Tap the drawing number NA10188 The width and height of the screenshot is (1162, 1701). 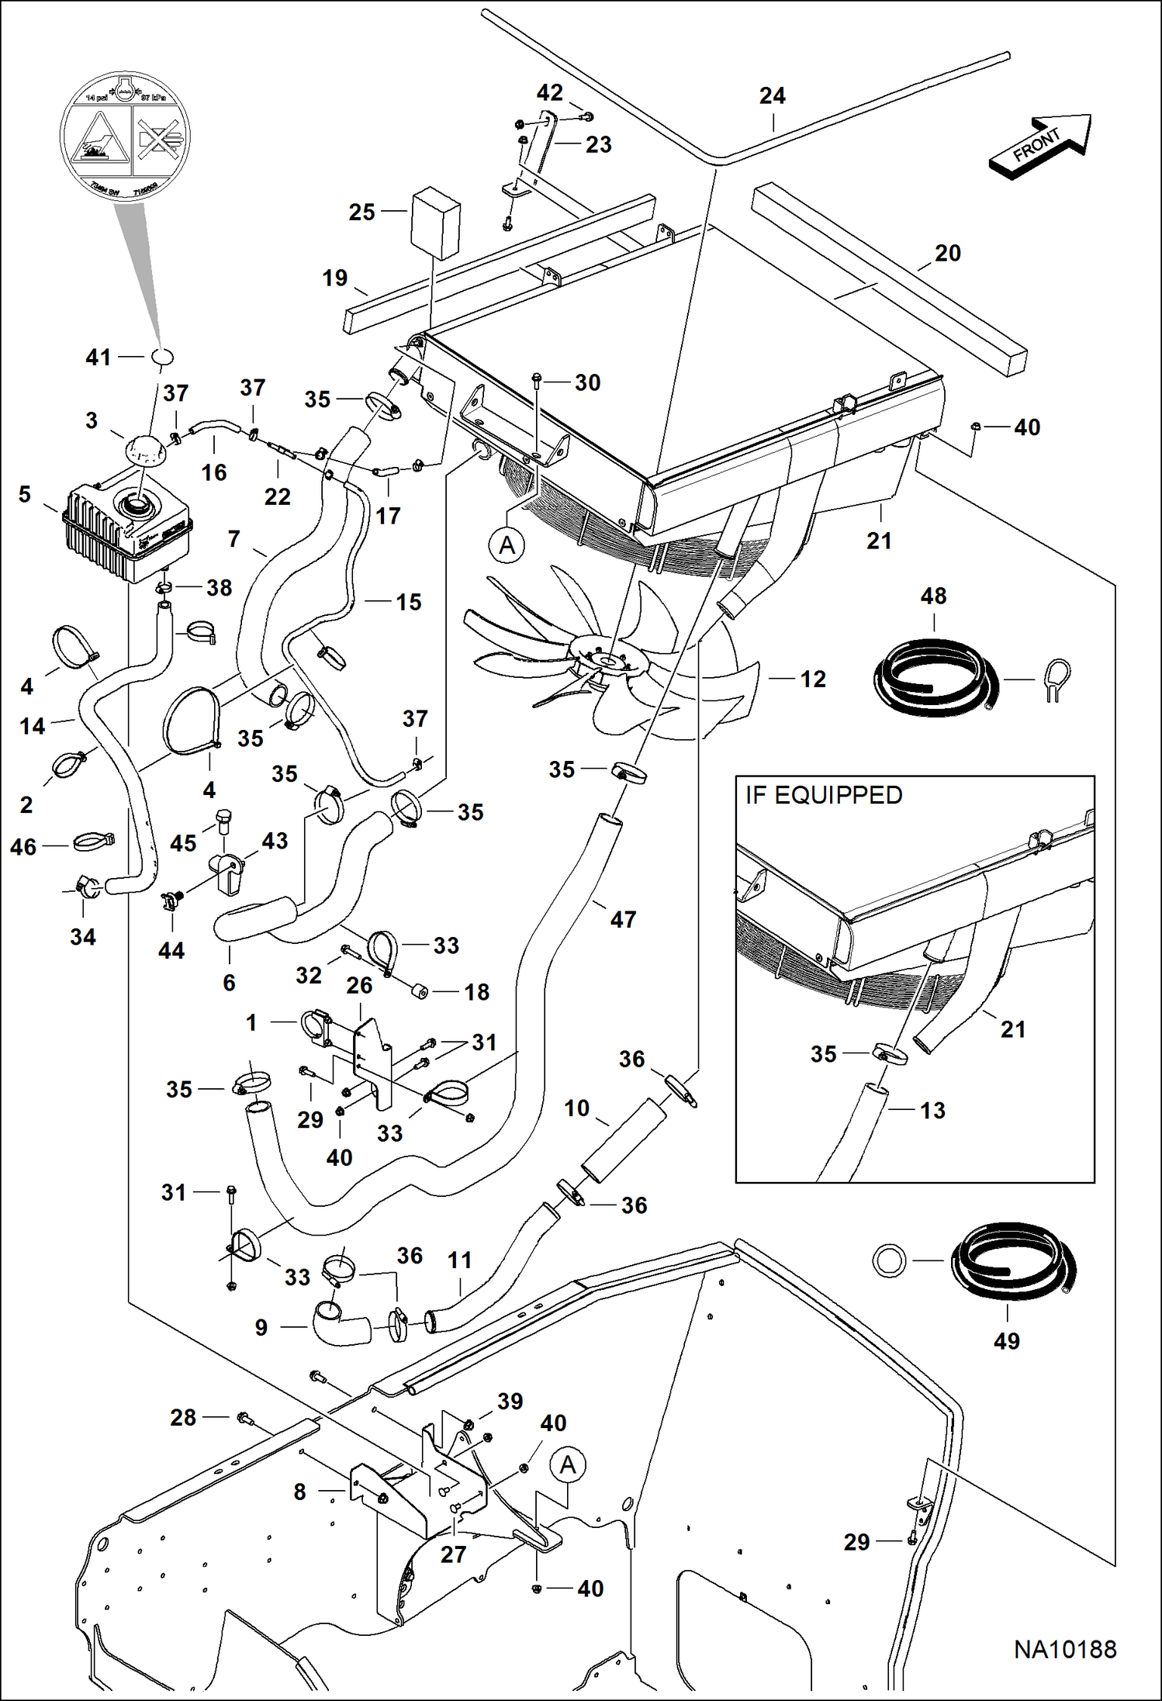pos(1064,1650)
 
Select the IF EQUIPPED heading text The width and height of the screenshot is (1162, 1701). pos(823,796)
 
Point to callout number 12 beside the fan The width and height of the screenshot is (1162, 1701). pos(812,679)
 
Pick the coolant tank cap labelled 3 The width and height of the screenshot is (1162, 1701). pos(144,449)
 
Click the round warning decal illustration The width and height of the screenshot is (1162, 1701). pos(124,137)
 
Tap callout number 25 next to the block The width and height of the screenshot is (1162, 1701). pos(361,212)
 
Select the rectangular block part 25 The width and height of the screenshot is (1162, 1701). pos(435,222)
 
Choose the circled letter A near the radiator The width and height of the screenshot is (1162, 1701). pos(507,545)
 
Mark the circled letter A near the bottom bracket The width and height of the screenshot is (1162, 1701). pos(568,1465)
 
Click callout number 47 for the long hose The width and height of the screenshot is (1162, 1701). pos(623,920)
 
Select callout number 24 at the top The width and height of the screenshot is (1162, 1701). pos(772,96)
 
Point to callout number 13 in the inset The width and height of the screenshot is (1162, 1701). pos(932,1110)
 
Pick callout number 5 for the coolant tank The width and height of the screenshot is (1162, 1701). pos(25,494)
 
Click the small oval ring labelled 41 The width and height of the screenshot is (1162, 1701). pos(161,358)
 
